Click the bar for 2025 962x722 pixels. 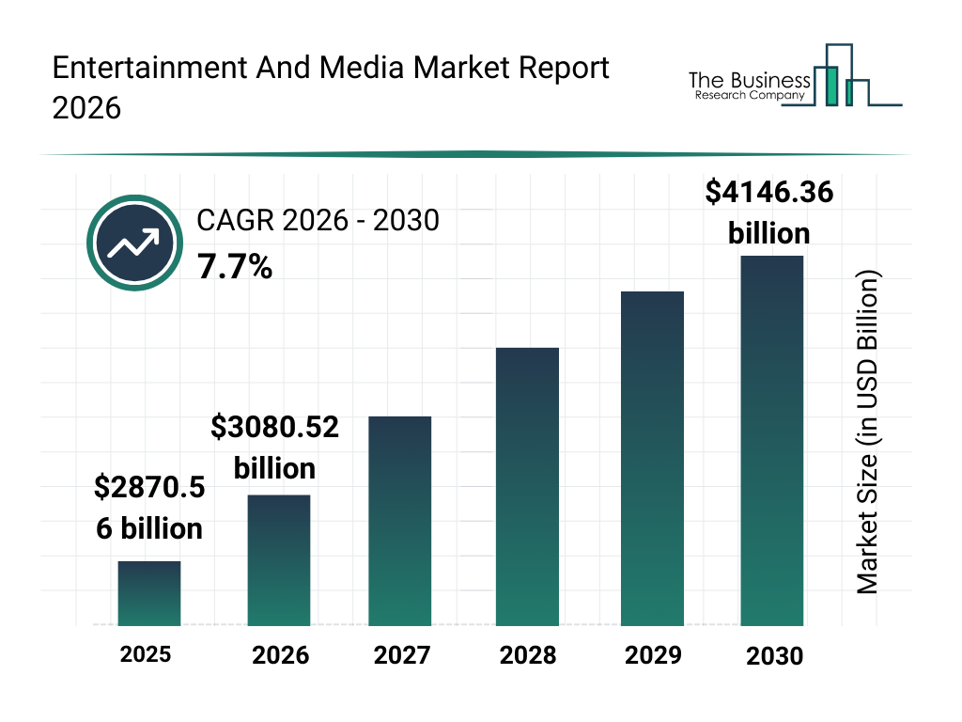point(149,593)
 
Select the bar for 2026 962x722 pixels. point(279,560)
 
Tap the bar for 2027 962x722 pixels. point(400,521)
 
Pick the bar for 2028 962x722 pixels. point(527,487)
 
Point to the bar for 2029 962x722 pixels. point(653,459)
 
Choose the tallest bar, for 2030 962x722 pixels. point(772,440)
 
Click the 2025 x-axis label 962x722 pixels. point(146,653)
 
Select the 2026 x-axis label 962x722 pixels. point(280,655)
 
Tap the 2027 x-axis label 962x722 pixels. point(402,655)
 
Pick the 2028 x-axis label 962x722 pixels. point(527,655)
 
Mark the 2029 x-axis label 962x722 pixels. point(652,655)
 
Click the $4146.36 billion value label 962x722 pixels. point(769,212)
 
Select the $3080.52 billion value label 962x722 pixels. point(274,447)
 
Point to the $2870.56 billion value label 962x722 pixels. point(149,508)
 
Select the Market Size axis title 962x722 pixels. point(867,432)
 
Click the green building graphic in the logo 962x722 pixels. point(830,85)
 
